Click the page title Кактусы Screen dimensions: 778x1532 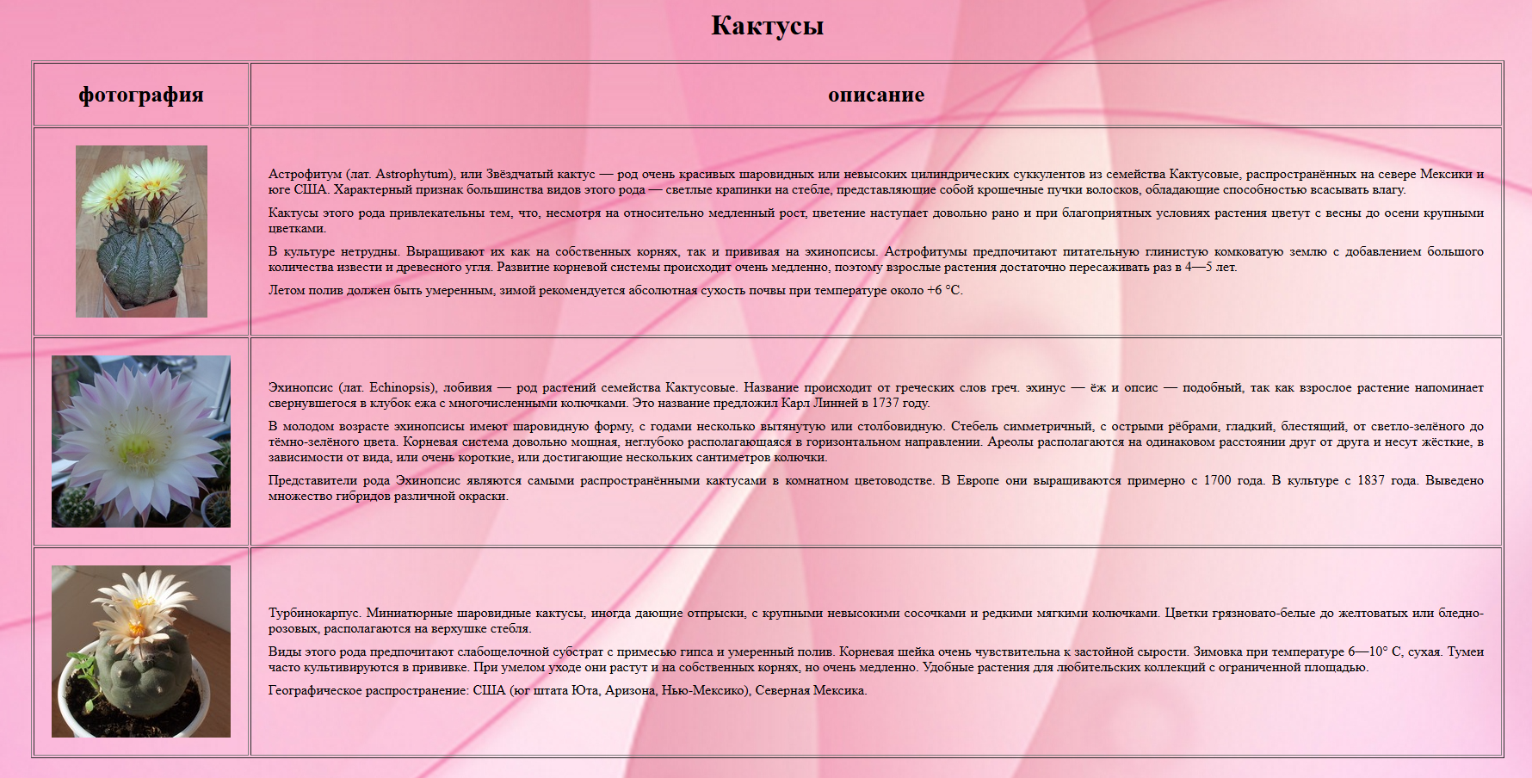pyautogui.click(x=767, y=26)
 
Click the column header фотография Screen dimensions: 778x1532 pyautogui.click(x=141, y=95)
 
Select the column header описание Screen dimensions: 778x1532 pyautogui.click(x=875, y=95)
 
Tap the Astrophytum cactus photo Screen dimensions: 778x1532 pyautogui.click(x=141, y=231)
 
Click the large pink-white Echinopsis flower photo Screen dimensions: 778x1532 pyautogui.click(x=141, y=441)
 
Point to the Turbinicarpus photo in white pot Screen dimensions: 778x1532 pyautogui.click(x=141, y=651)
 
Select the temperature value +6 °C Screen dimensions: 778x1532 pyautogui.click(x=943, y=290)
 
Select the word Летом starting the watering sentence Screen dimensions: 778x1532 pyautogui.click(x=287, y=290)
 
